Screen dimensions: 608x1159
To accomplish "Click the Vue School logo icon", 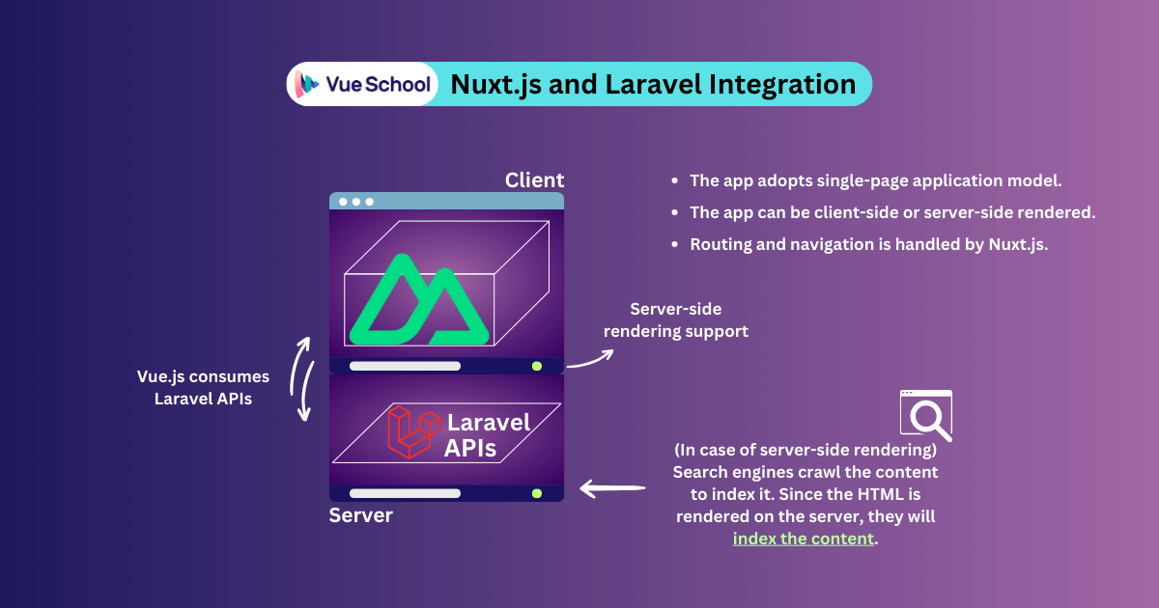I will (308, 84).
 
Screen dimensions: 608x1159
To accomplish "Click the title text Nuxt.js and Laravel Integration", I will (653, 84).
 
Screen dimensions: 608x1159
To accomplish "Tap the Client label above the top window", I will (534, 180).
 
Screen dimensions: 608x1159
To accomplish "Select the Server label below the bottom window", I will (361, 515).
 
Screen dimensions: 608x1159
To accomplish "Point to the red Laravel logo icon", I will (410, 430).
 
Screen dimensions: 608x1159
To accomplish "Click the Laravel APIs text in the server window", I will (487, 435).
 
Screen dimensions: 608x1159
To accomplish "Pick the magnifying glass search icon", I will (925, 415).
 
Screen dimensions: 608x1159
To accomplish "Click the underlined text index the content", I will (804, 539).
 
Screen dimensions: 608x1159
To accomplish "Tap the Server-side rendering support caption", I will (676, 320).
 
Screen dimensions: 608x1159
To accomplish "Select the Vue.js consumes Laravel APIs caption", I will (203, 387).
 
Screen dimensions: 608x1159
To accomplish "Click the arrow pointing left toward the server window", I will (612, 489).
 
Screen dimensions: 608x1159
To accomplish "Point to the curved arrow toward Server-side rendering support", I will (590, 358).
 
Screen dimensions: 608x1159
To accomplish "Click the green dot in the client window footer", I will (536, 367).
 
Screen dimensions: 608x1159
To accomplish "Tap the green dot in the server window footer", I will (536, 493).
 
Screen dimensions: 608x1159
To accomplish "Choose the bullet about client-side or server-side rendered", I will (891, 212).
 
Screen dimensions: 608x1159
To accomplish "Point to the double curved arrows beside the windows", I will (304, 379).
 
